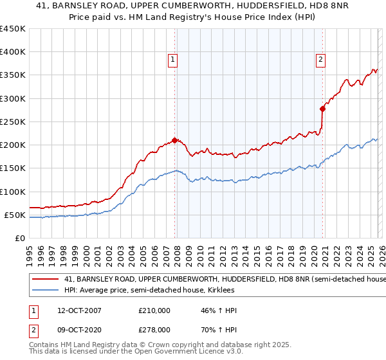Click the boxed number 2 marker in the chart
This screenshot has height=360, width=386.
pyautogui.click(x=320, y=60)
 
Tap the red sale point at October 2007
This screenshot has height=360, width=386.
pyautogui.click(x=174, y=140)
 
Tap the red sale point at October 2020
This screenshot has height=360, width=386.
pyautogui.click(x=322, y=109)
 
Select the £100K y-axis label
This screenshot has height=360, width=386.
pyautogui.click(x=12, y=192)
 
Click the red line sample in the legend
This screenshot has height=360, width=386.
pyautogui.click(x=45, y=279)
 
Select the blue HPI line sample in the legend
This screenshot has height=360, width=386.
pyautogui.click(x=45, y=290)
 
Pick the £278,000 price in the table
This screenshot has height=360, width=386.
pyautogui.click(x=154, y=329)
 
